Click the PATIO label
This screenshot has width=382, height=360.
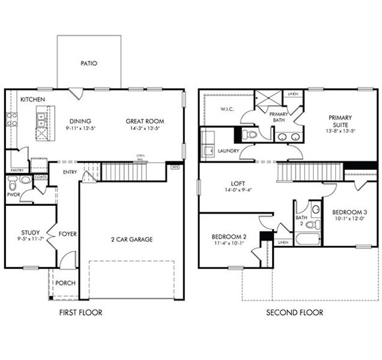(88, 63)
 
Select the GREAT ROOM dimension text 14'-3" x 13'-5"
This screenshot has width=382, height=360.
(145, 128)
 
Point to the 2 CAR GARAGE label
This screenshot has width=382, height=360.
(132, 239)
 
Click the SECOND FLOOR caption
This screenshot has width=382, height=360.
(294, 313)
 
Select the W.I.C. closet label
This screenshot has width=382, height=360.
(227, 109)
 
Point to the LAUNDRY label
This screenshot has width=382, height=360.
(229, 151)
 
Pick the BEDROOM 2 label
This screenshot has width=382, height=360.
(229, 236)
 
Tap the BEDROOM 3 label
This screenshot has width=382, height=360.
(348, 212)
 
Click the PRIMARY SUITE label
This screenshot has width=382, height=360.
(340, 121)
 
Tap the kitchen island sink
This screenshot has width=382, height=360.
(42, 120)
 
